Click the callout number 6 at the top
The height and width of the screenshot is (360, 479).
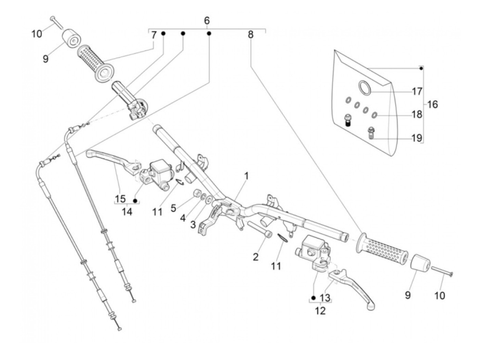(x=206, y=21)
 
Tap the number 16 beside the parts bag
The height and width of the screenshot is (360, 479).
(x=432, y=104)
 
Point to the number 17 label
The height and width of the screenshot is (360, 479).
(x=417, y=91)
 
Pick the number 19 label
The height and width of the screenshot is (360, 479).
(x=417, y=138)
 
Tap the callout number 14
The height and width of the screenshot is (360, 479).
(x=127, y=211)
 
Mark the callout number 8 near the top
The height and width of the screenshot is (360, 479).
(x=250, y=35)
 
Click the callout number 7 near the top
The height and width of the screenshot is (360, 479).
(x=154, y=35)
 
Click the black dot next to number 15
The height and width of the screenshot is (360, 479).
(x=135, y=200)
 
